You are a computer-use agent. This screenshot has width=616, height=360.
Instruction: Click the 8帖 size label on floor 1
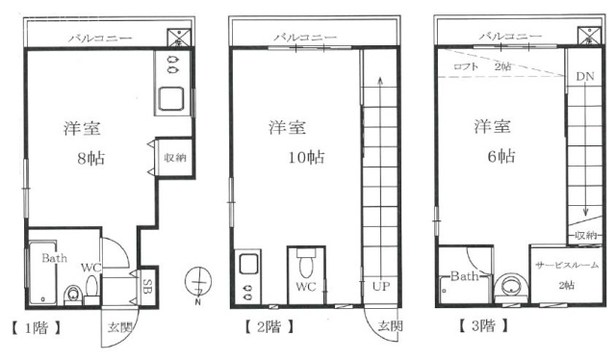(x=91, y=158)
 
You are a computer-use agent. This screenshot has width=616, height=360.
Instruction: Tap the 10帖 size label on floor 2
(x=306, y=157)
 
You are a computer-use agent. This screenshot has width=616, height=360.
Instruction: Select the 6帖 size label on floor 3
(x=501, y=157)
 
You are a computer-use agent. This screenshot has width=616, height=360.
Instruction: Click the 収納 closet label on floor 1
(x=175, y=158)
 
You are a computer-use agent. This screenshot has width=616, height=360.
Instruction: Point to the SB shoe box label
(x=147, y=287)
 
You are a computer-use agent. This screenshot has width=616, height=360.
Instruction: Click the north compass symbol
(x=198, y=283)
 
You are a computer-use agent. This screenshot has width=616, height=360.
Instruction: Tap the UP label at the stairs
(x=381, y=286)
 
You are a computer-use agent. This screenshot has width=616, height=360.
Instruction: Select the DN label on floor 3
(x=585, y=76)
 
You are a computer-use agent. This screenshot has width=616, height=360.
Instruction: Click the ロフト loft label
(x=466, y=66)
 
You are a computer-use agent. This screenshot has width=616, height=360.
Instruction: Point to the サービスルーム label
(x=567, y=265)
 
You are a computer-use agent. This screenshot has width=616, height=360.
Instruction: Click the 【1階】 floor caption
(x=37, y=327)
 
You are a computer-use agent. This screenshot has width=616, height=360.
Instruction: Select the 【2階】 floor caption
(x=269, y=326)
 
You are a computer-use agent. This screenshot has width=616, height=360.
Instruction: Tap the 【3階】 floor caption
(x=483, y=325)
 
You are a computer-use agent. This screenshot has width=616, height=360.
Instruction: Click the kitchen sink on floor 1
(x=171, y=98)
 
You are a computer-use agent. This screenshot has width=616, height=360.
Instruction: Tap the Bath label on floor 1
(x=54, y=258)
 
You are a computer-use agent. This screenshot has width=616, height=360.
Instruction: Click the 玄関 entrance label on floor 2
(x=390, y=325)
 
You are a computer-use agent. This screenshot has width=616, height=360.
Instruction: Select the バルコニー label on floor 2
(x=305, y=38)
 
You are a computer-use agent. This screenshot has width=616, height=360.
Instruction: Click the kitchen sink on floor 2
(x=249, y=264)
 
